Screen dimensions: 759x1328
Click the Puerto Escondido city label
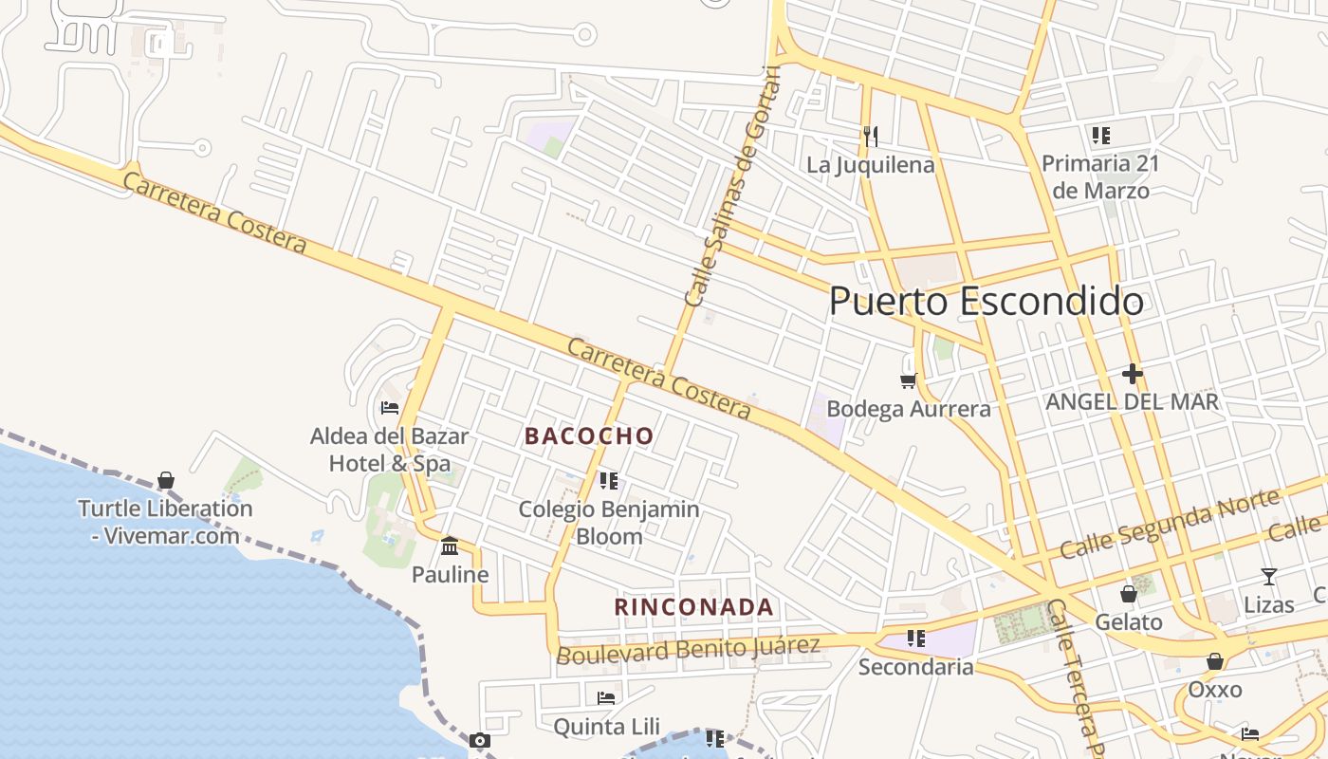coord(986,302)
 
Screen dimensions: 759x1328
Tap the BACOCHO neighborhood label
coord(589,436)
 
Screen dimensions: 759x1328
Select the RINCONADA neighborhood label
coord(693,607)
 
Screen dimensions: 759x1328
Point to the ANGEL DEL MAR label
coord(1132,402)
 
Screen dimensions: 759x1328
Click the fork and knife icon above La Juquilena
coord(870,137)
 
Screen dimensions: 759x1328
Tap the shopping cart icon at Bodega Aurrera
coord(908,380)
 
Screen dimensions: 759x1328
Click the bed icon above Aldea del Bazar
coord(389,408)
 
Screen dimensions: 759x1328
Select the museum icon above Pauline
coord(450,546)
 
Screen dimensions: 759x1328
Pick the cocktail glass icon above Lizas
coord(1268,576)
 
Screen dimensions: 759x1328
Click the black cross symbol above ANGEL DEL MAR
coord(1132,374)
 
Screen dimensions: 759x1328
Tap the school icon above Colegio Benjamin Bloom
coord(609,481)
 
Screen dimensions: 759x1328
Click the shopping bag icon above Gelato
coord(1128,594)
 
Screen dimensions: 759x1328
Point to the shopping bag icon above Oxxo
coord(1214,661)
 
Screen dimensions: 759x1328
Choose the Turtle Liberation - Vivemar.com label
coord(165,522)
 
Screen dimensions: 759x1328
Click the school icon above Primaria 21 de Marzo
coord(1100,135)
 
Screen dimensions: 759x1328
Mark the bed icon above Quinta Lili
coord(606,698)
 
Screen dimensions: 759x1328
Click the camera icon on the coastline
coord(480,740)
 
